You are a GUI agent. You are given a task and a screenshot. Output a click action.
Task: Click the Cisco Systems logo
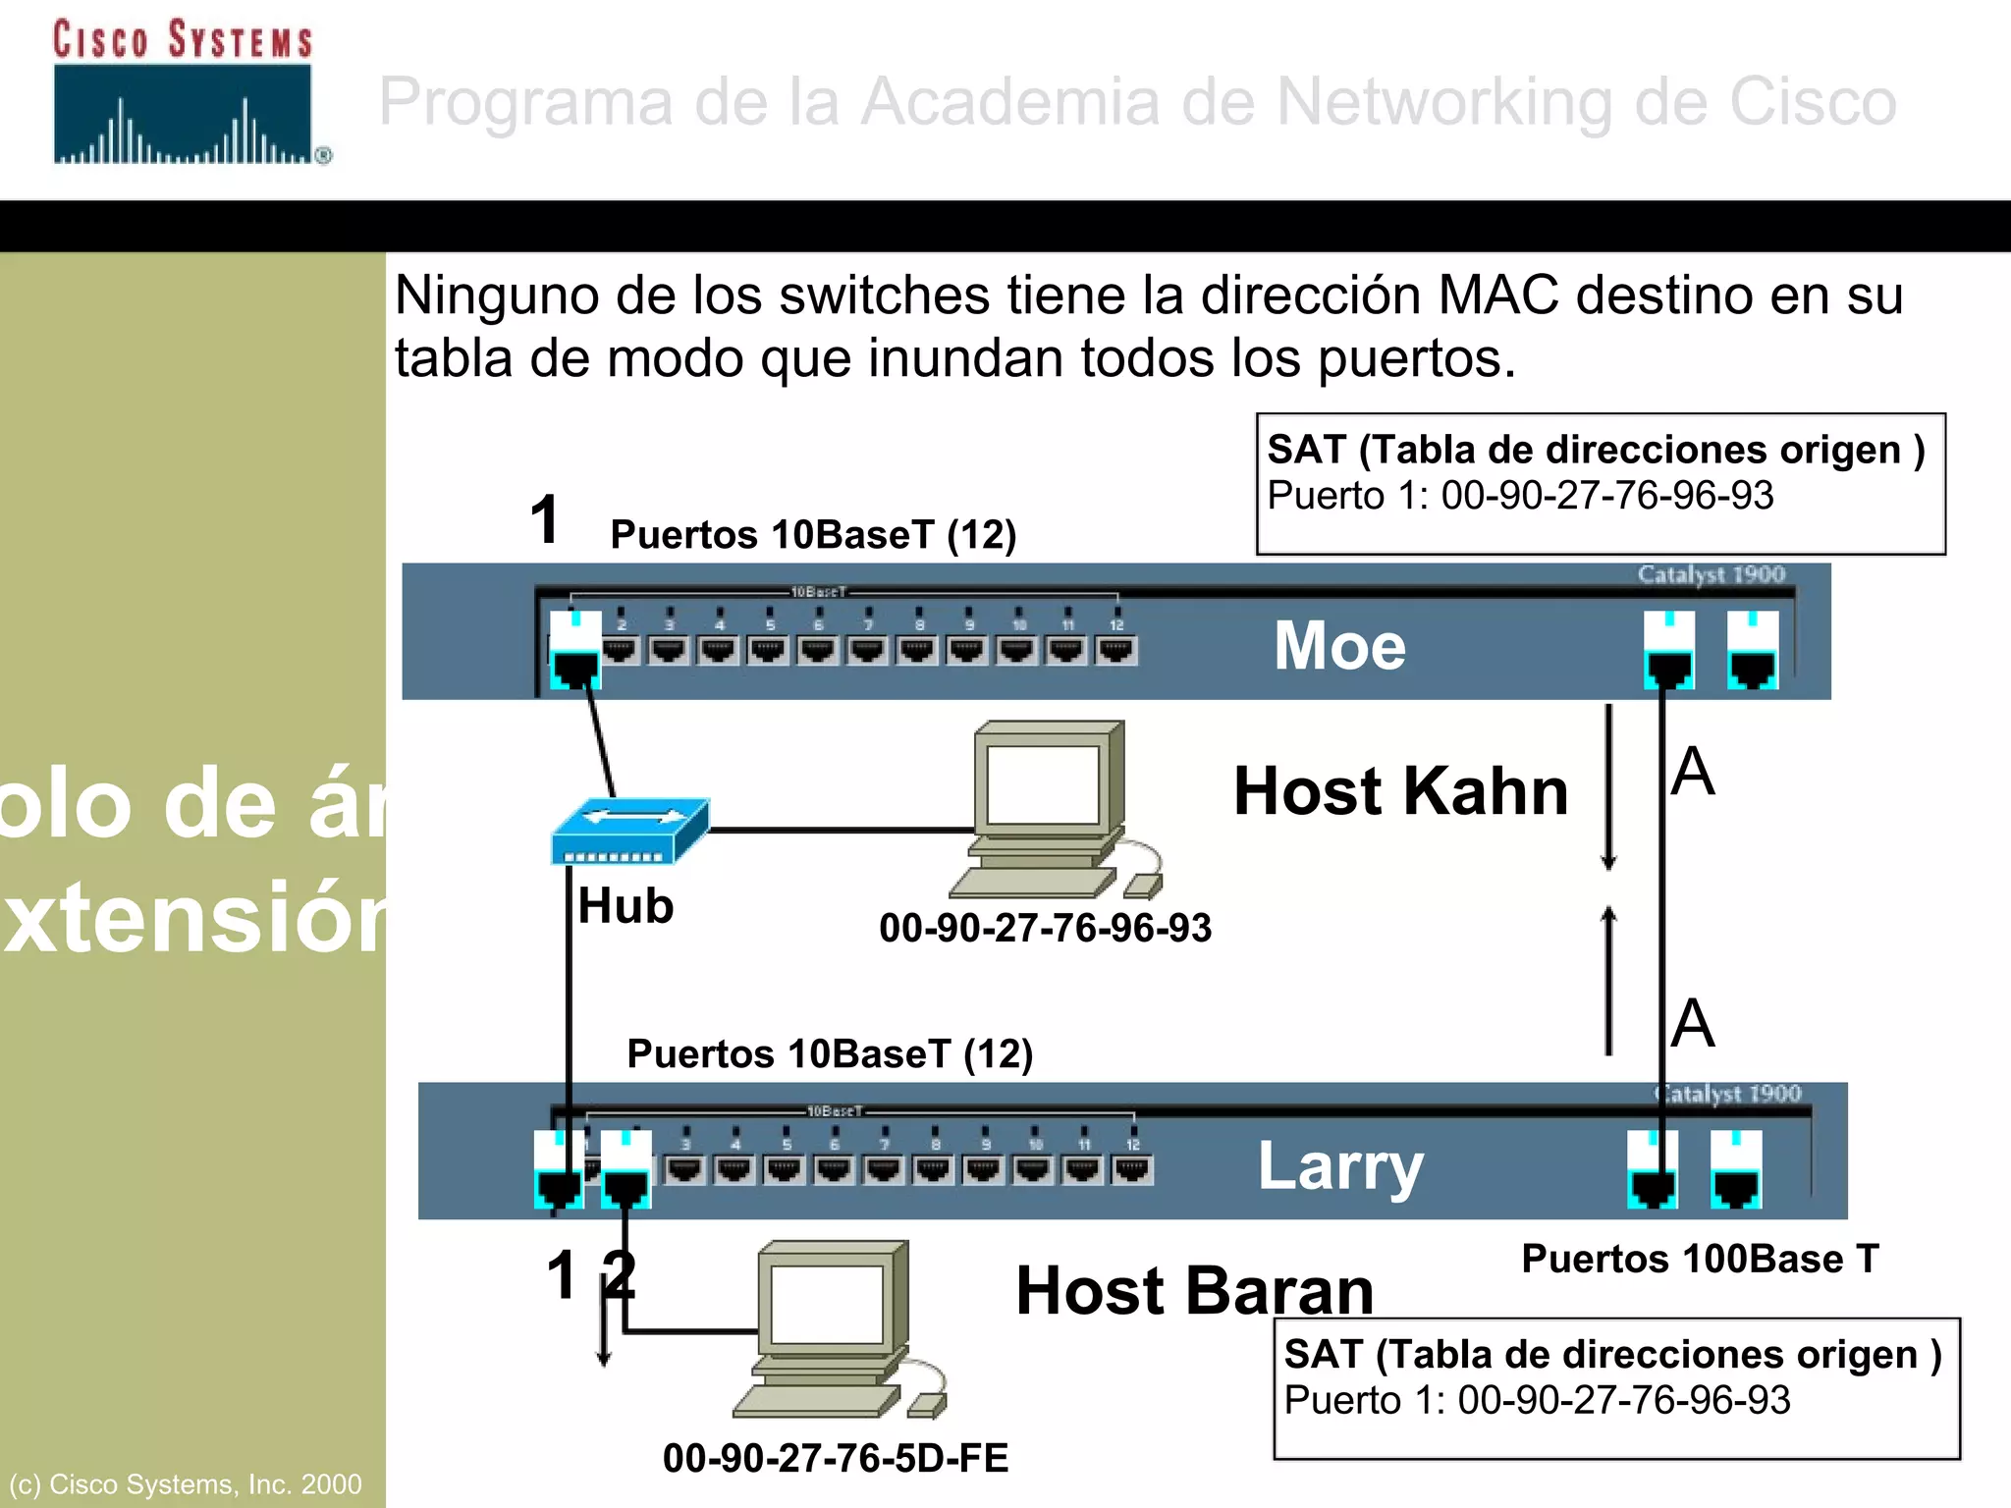(185, 93)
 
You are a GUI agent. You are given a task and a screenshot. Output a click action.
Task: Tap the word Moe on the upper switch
(1339, 646)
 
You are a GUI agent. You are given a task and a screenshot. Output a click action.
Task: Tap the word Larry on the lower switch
(1340, 1166)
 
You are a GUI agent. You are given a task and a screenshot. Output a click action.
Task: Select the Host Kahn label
(1400, 791)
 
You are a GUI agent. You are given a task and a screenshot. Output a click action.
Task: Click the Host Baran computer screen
(827, 1304)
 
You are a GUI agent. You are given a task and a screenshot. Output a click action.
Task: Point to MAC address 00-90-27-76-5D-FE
(836, 1458)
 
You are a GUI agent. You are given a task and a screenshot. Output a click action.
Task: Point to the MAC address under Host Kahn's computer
(1045, 928)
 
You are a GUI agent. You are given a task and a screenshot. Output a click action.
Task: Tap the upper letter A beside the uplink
(1693, 772)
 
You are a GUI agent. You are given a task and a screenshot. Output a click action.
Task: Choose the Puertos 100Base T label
(1700, 1259)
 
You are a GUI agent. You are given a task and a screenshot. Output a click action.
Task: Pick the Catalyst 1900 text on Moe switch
(1711, 574)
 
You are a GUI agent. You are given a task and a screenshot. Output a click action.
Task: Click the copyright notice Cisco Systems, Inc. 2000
(186, 1483)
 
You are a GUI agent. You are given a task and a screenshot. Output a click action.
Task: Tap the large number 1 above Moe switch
(545, 520)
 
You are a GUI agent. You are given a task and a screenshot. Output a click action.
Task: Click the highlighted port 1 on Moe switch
(574, 650)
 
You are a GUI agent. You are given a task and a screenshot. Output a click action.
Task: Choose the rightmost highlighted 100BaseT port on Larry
(1736, 1169)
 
